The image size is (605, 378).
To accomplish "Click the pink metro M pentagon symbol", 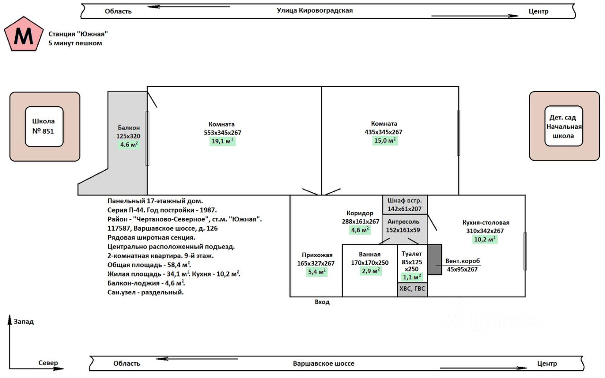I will tap(23, 34).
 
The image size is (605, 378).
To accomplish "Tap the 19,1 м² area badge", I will tap(222, 141).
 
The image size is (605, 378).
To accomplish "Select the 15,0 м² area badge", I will tap(385, 141).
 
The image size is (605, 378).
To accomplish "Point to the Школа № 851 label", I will tap(44, 126).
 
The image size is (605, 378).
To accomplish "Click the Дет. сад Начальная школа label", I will tap(563, 126).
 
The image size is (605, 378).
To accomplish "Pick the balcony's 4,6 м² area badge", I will tap(129, 145).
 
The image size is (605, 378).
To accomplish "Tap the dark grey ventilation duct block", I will tap(434, 259).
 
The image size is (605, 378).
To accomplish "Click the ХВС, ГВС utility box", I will tap(412, 290).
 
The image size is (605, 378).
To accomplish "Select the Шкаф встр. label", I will tap(405, 200).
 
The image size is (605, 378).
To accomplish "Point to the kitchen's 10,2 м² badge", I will tap(485, 240).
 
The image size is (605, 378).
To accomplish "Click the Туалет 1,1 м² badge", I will tap(412, 277).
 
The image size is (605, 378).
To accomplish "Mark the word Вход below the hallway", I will tap(322, 302).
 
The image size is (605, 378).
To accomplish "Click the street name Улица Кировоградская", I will tap(314, 10).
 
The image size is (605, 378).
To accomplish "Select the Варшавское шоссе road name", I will tap(323, 363).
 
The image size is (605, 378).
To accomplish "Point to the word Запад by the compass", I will tap(24, 322).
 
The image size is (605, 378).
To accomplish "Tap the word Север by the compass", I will tap(48, 363).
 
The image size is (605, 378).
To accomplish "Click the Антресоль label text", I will tap(403, 222).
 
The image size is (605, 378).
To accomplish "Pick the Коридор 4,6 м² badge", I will tap(360, 230).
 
